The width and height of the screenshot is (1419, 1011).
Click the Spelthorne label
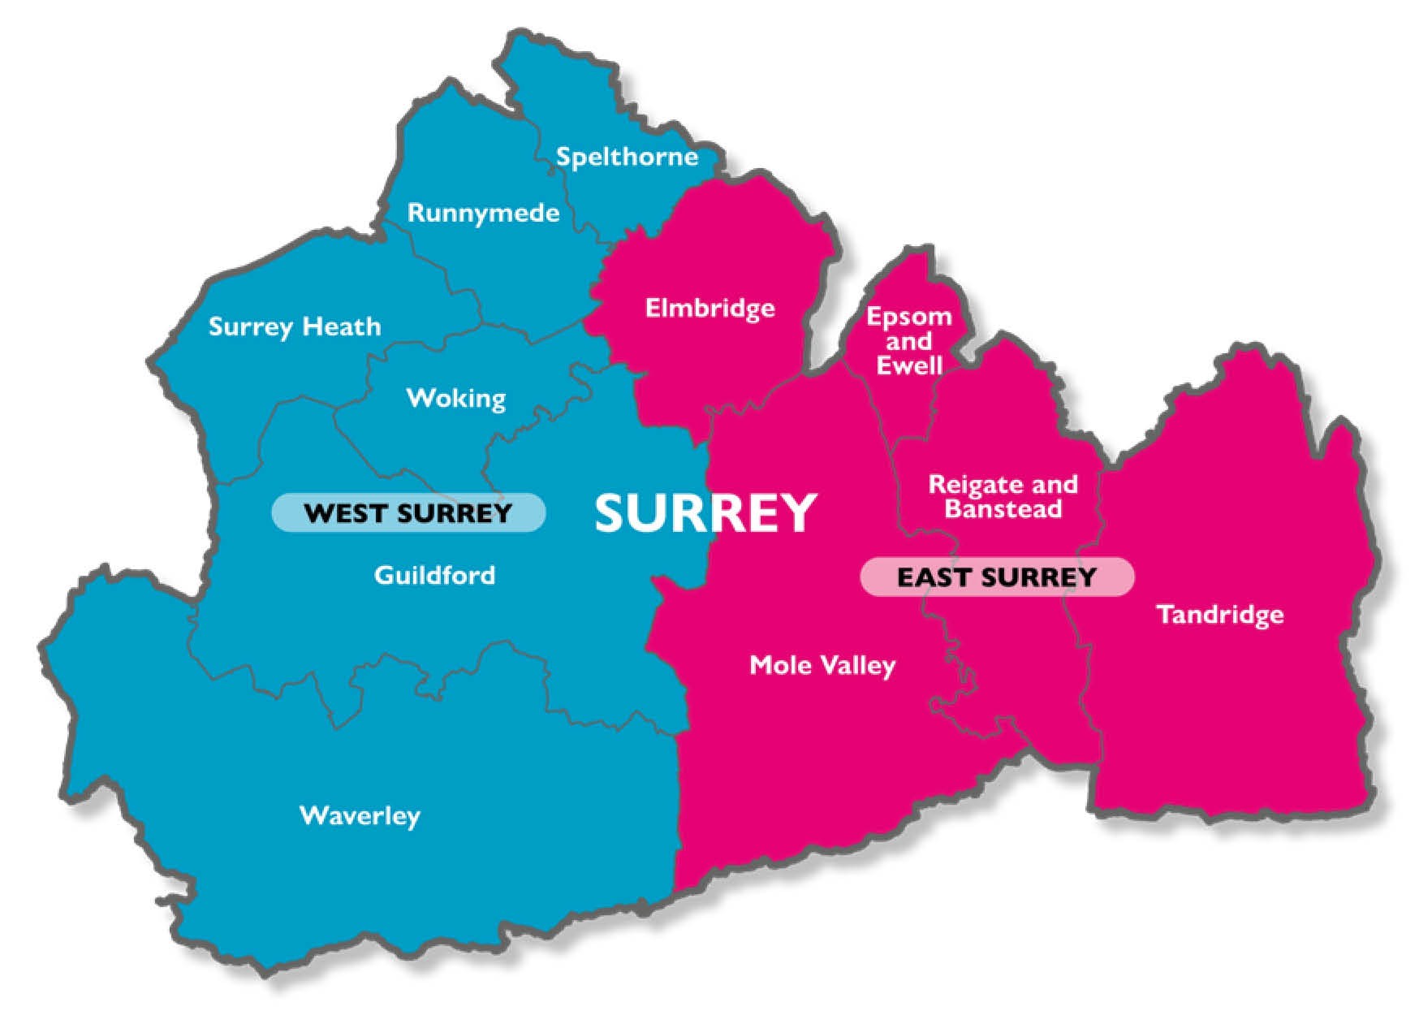627,157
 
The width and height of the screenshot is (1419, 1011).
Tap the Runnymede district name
483,213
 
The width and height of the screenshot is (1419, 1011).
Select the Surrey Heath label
295,326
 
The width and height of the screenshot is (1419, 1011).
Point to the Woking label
456,398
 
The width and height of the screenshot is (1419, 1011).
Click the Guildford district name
434,575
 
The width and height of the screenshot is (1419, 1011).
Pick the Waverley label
360,815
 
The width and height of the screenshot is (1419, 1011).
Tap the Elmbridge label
709,309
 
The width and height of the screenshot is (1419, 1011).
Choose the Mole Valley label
822,665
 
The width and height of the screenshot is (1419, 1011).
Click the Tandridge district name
1220,614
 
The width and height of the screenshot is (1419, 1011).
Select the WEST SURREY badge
408,512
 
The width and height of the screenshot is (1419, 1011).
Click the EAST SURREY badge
997,577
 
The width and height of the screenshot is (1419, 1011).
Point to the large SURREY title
705,512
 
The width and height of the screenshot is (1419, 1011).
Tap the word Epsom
908,317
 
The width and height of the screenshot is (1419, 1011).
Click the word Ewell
909,365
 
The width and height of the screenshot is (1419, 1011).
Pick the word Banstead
1003,509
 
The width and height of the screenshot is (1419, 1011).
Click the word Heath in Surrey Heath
341,326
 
